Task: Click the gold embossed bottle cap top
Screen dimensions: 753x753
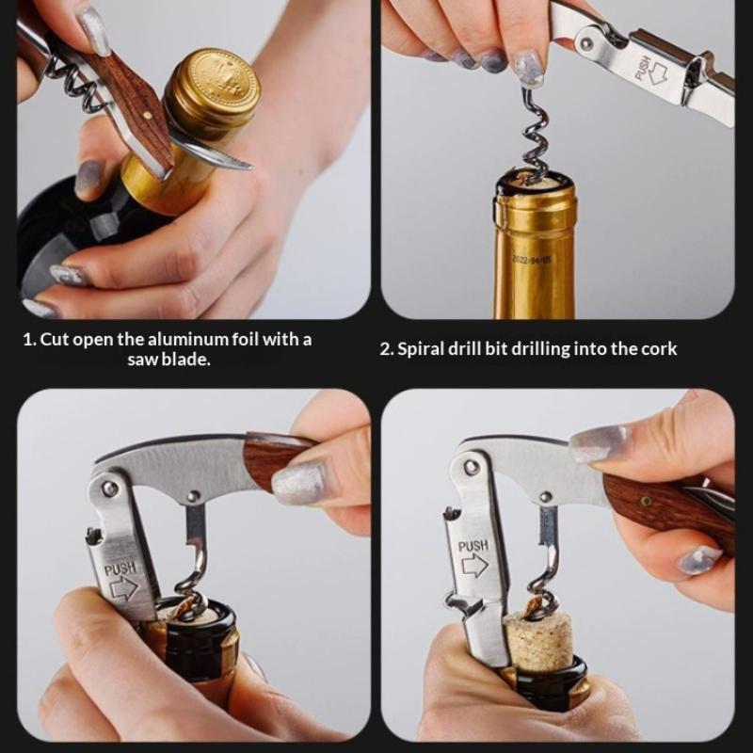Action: pyautogui.click(x=219, y=83)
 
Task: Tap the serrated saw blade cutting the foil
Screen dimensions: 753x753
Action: pyautogui.click(x=211, y=153)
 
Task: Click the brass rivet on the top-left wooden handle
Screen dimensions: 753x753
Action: pyautogui.click(x=149, y=115)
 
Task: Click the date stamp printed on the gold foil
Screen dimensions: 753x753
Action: pyautogui.click(x=531, y=261)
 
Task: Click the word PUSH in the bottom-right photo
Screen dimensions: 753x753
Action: pyautogui.click(x=473, y=547)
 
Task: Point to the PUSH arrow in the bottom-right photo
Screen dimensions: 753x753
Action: pyautogui.click(x=474, y=566)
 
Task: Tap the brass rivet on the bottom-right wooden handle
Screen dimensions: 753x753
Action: pyautogui.click(x=647, y=502)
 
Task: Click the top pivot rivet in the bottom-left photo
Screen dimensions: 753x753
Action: pyautogui.click(x=110, y=489)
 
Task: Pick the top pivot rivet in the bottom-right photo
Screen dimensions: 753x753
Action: pyautogui.click(x=471, y=466)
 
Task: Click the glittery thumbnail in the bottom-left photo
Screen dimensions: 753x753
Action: pyautogui.click(x=298, y=483)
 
